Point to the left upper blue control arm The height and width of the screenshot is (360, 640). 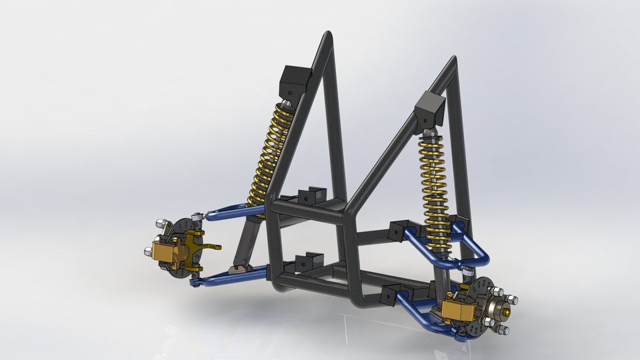coord(230,212)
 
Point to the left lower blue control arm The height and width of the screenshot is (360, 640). coord(227,275)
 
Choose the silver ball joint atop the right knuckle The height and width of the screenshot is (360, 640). coord(469,272)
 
